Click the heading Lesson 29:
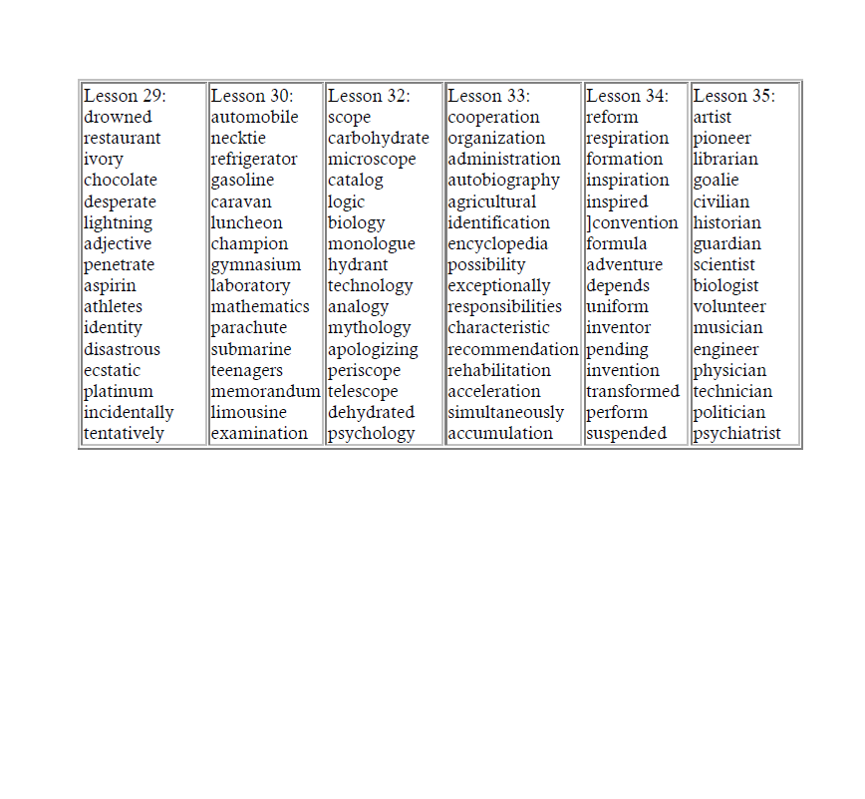[125, 96]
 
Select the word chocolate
[121, 181]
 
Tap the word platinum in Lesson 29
[119, 392]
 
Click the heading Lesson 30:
[252, 96]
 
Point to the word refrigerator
[254, 160]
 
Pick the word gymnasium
[256, 265]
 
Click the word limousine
[249, 413]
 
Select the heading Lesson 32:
[369, 96]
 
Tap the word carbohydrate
[379, 139]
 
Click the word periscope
[365, 371]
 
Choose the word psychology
[372, 434]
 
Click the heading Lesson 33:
[489, 96]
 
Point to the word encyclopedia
[498, 244]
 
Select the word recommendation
[513, 350]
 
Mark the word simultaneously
[506, 413]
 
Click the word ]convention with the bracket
[633, 223]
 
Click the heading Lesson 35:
[733, 96]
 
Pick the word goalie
[717, 181]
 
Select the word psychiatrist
[737, 434]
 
